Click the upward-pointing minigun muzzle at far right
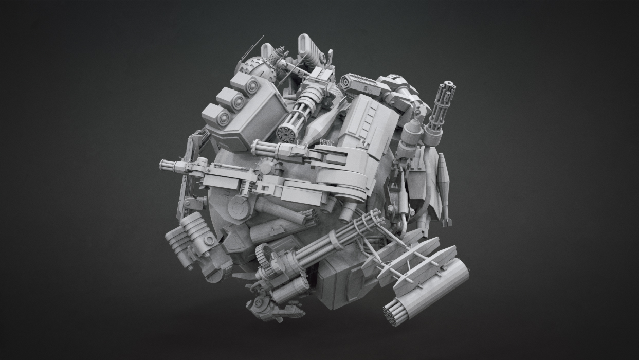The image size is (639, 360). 445,85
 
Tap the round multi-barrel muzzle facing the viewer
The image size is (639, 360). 286,134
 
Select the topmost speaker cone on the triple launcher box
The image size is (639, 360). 252,86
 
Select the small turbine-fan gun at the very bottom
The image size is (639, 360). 258,303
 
